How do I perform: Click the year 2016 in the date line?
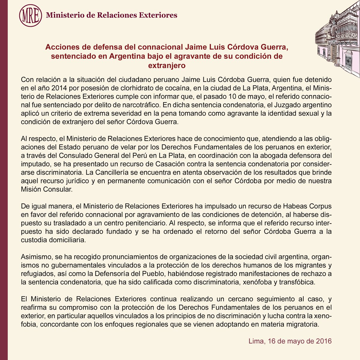pos(323,341)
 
